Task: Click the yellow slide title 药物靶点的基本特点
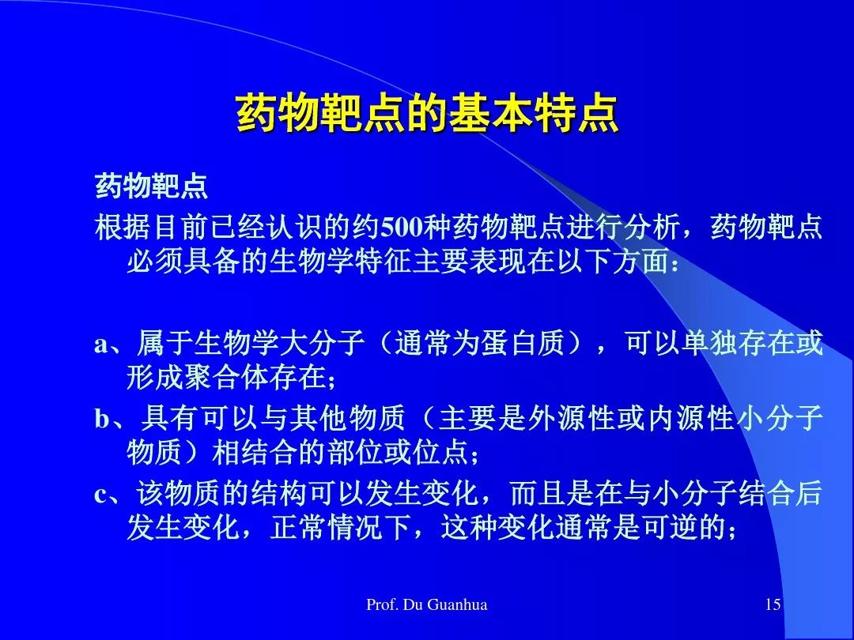pos(428,114)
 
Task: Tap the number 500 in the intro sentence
pos(402,227)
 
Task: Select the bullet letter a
pos(101,344)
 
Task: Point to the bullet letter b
pos(102,419)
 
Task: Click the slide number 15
pos(773,604)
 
